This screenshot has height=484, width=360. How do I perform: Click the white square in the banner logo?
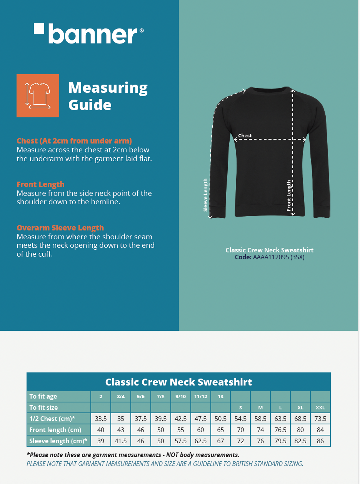click(x=39, y=28)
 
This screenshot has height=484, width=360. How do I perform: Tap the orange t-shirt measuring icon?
click(x=38, y=95)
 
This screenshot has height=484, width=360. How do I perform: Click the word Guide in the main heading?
click(x=90, y=105)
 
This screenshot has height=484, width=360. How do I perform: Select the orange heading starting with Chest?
click(x=74, y=141)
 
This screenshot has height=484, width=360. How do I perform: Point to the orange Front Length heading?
click(x=40, y=184)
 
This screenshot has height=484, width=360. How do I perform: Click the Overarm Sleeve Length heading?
click(x=60, y=228)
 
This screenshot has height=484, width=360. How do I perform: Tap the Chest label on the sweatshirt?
click(x=245, y=135)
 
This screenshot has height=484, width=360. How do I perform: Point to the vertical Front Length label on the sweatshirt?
click(x=289, y=195)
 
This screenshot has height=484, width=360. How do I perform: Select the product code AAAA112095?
click(x=271, y=257)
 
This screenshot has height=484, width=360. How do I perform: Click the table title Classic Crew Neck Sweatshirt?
click(x=178, y=382)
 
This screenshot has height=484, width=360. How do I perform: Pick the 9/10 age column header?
click(x=181, y=397)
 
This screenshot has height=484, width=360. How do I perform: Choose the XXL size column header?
click(x=320, y=407)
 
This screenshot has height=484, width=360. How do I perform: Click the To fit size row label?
click(x=43, y=407)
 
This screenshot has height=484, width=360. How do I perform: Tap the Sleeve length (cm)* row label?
click(x=58, y=441)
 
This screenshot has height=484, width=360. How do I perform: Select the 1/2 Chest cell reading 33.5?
click(x=101, y=419)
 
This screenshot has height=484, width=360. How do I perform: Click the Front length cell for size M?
click(x=260, y=430)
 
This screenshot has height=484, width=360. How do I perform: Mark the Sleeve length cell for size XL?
click(x=300, y=441)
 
